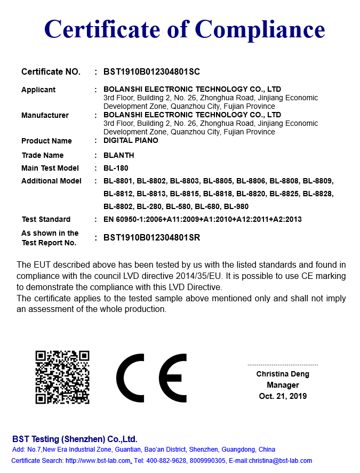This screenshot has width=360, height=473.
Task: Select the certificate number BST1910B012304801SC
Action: pyautogui.click(x=151, y=71)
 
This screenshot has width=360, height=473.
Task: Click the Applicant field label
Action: pyautogui.click(x=38, y=90)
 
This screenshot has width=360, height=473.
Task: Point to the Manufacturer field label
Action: pyautogui.click(x=45, y=115)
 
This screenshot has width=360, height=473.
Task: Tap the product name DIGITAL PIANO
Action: pyautogui.click(x=131, y=141)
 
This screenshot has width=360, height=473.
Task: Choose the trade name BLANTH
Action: pyautogui.click(x=119, y=155)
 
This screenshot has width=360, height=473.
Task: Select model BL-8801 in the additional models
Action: pyautogui.click(x=118, y=181)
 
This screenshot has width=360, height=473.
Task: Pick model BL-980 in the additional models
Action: pyautogui.click(x=236, y=206)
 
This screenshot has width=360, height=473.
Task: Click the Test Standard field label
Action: pyautogui.click(x=46, y=219)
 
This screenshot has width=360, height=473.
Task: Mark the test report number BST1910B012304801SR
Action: pyautogui.click(x=151, y=238)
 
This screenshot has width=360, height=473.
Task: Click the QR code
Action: pyautogui.click(x=62, y=377)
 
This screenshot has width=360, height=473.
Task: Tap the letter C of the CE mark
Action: pyautogui.click(x=130, y=378)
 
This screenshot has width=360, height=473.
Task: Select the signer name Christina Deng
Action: pyautogui.click(x=283, y=374)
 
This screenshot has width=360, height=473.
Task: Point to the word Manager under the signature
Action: pyautogui.click(x=283, y=385)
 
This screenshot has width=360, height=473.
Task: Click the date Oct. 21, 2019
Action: pyautogui.click(x=283, y=396)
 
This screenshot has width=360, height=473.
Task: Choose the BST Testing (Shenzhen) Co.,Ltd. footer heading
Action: pyautogui.click(x=75, y=439)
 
